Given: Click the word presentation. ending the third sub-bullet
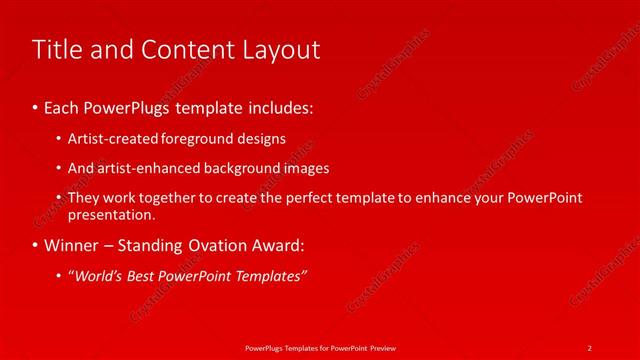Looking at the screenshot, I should tap(111, 214).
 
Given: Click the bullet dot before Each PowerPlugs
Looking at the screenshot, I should tap(35, 106).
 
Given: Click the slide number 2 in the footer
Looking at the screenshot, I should tap(590, 347).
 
